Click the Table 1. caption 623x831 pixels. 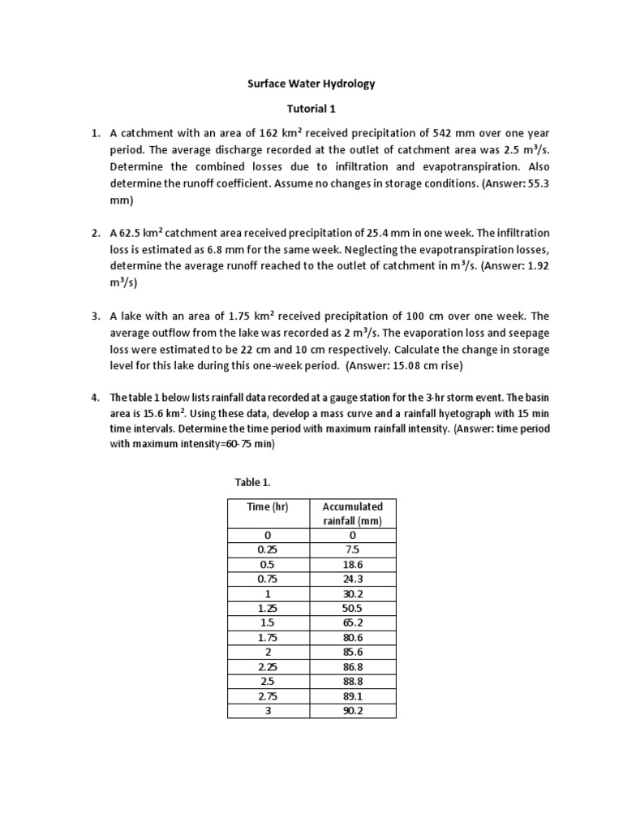[252, 482]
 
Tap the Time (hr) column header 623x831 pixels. [268, 506]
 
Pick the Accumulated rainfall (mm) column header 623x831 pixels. [353, 513]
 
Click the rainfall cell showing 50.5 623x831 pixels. [353, 609]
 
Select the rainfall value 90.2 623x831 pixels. [353, 711]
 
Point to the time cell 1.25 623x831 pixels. [268, 609]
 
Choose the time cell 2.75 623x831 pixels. [268, 696]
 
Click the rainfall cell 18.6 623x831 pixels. [353, 565]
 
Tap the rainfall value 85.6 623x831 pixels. [353, 652]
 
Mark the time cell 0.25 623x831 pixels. [268, 550]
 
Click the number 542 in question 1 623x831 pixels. [417, 132]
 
